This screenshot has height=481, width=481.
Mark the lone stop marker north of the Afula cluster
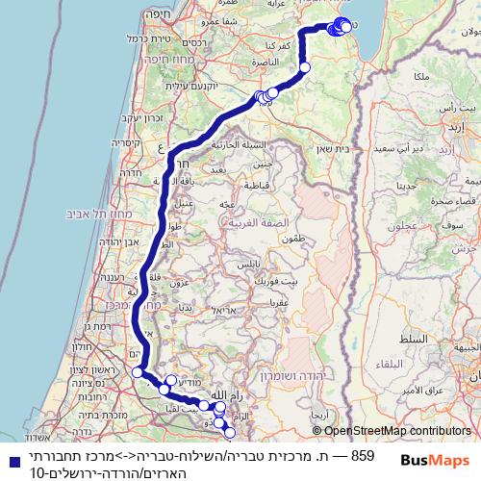(x=305, y=67)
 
